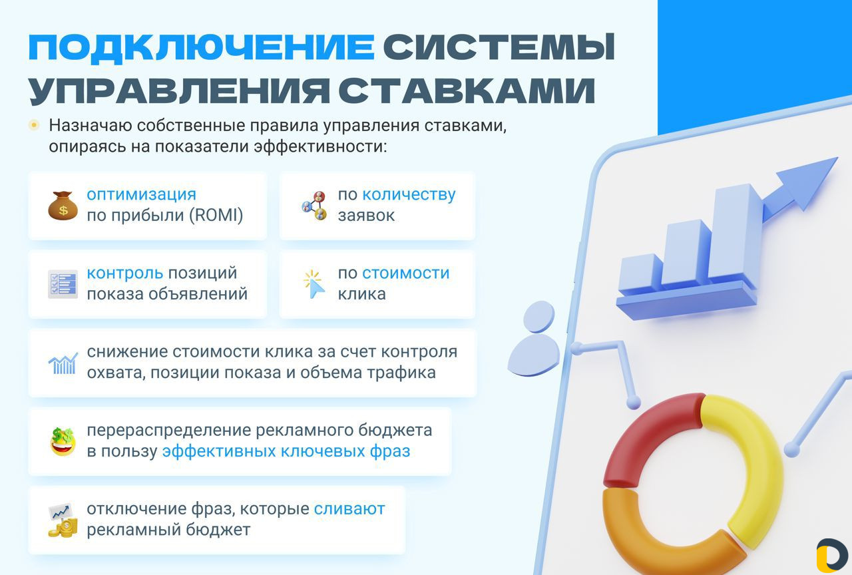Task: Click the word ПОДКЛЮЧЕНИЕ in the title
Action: (x=202, y=47)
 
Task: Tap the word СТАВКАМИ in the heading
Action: (x=467, y=91)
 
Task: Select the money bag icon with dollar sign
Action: (x=63, y=206)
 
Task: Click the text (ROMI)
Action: (x=216, y=215)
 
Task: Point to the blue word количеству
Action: (x=409, y=195)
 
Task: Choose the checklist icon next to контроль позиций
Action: (x=63, y=284)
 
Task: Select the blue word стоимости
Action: (x=406, y=273)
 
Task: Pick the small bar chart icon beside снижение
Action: (x=63, y=363)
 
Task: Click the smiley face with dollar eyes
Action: (x=63, y=441)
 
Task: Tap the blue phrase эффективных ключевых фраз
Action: (x=286, y=451)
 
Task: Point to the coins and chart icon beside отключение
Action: (x=63, y=520)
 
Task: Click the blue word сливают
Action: (x=349, y=509)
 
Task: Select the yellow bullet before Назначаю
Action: (x=34, y=124)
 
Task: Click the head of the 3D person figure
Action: (x=539, y=316)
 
